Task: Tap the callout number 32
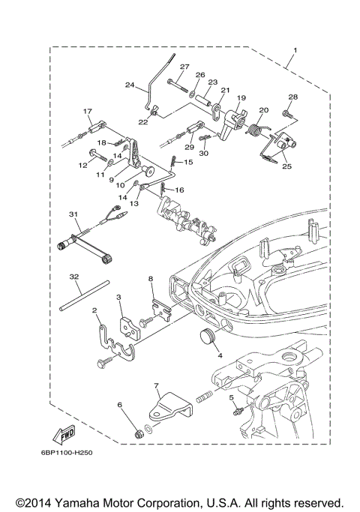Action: click(x=74, y=277)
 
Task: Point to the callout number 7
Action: click(x=156, y=387)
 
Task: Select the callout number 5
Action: click(x=232, y=397)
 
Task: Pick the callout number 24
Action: click(x=129, y=85)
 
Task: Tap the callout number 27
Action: click(x=184, y=67)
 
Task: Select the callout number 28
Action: click(x=293, y=97)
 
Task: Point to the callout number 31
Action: click(x=74, y=214)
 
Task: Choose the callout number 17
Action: click(x=88, y=111)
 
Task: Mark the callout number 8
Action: click(x=151, y=278)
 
